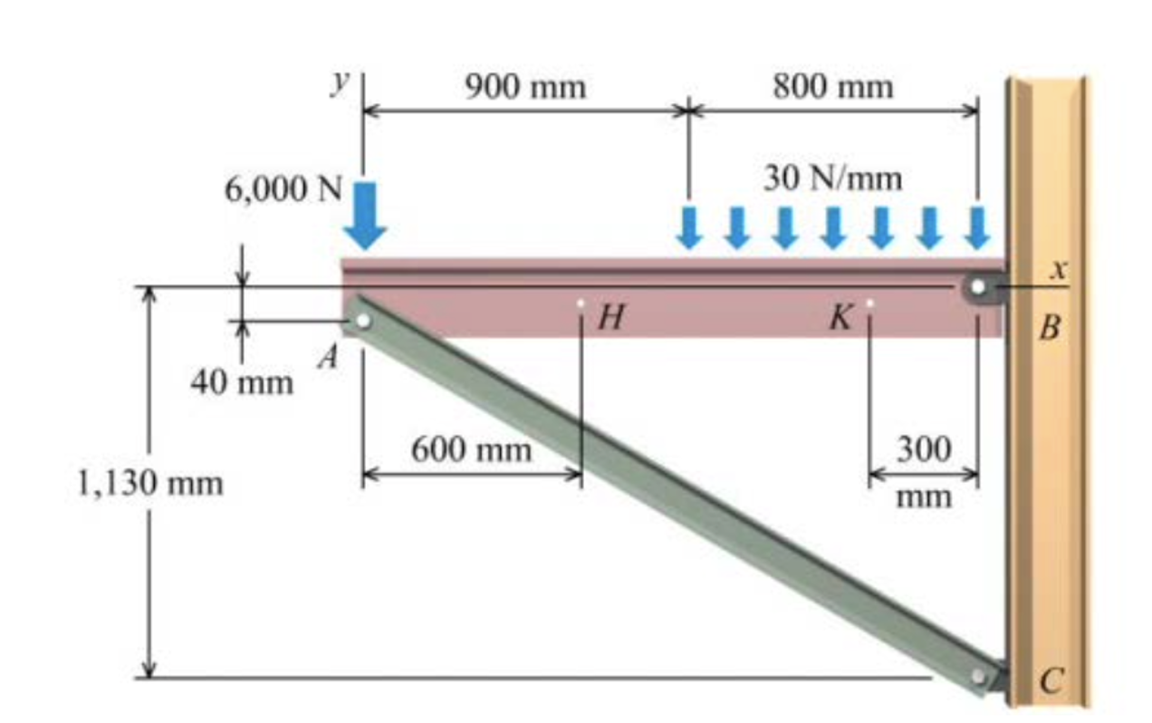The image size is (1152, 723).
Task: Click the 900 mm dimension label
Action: [x=525, y=88]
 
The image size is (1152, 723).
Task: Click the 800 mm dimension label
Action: [x=832, y=88]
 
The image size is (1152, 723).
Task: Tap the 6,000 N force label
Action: [x=283, y=190]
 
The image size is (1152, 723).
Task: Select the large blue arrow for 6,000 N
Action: [x=365, y=216]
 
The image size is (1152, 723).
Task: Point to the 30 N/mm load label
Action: [x=832, y=178]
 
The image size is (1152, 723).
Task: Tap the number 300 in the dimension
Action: [x=924, y=448]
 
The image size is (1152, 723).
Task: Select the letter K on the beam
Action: [x=841, y=317]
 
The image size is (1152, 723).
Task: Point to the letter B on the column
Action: [x=1049, y=326]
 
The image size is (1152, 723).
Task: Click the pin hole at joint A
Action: [x=361, y=322]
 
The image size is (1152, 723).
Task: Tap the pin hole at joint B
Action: [x=977, y=287]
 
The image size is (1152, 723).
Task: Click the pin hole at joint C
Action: [x=977, y=677]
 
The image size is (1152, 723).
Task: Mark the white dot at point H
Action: [x=581, y=304]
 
